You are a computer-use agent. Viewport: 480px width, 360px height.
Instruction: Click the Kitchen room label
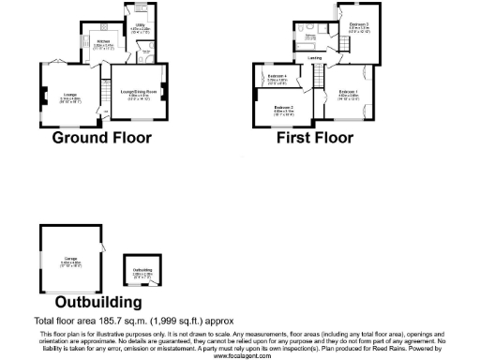(x=104, y=42)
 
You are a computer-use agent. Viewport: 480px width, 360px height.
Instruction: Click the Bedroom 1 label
(x=348, y=93)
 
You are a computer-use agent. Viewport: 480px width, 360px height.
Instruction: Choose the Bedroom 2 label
(x=285, y=109)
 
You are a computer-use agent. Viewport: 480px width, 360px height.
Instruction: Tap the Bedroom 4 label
(x=277, y=77)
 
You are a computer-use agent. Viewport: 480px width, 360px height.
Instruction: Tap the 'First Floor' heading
(x=315, y=138)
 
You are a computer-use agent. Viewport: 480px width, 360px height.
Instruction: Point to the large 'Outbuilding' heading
(x=99, y=302)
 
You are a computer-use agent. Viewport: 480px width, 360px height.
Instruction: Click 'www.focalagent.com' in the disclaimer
(x=240, y=356)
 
